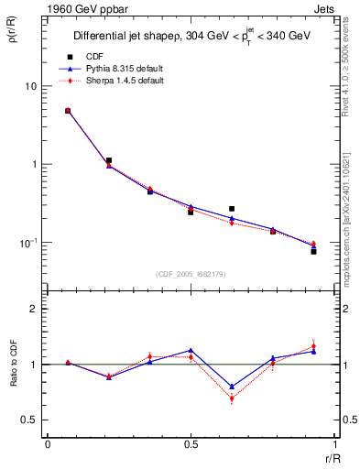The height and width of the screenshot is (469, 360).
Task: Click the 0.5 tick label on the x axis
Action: pyautogui.click(x=191, y=446)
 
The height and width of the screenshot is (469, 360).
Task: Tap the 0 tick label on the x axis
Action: pyautogui.click(x=48, y=446)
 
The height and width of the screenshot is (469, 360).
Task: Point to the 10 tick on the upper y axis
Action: pyautogui.click(x=30, y=86)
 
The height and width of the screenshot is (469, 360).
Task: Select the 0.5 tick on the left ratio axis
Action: pyautogui.click(x=30, y=420)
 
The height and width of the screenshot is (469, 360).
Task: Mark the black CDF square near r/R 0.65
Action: pyautogui.click(x=232, y=209)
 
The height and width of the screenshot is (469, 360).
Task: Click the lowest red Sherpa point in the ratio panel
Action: pyautogui.click(x=232, y=398)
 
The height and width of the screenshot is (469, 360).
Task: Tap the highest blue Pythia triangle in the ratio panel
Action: pyautogui.click(x=191, y=350)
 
